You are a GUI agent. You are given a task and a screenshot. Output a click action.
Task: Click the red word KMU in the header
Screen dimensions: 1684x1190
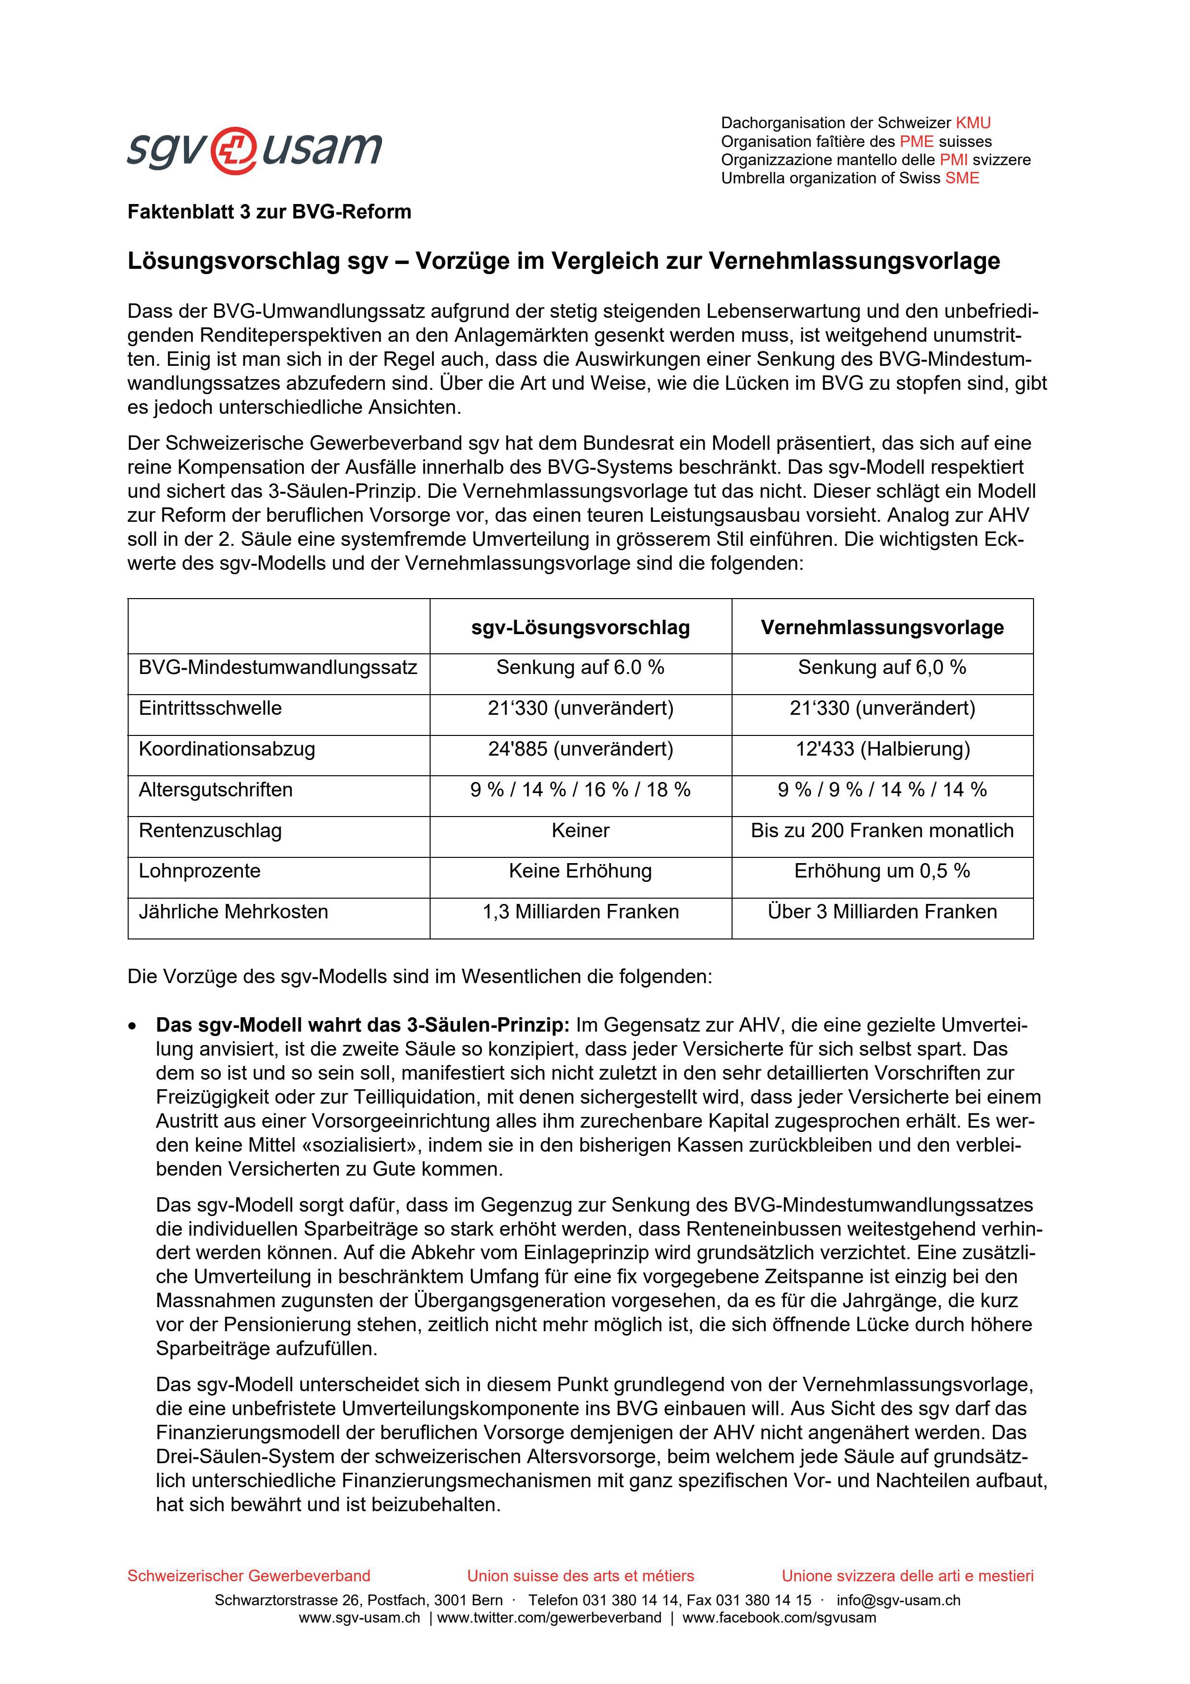pyautogui.click(x=973, y=123)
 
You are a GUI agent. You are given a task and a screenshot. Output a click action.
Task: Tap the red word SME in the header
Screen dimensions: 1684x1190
pyautogui.click(x=962, y=178)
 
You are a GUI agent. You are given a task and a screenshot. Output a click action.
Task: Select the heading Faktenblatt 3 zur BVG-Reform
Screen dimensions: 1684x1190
pyautogui.click(x=269, y=212)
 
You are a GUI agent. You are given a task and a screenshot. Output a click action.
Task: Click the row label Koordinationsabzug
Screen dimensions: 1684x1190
pyautogui.click(x=227, y=749)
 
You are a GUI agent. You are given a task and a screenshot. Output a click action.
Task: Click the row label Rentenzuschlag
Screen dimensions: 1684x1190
pyautogui.click(x=210, y=830)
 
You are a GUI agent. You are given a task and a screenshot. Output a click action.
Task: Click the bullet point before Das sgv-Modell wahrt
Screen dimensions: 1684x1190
pyautogui.click(x=132, y=1025)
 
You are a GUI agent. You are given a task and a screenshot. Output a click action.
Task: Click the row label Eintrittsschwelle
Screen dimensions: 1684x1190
pyautogui.click(x=210, y=709)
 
